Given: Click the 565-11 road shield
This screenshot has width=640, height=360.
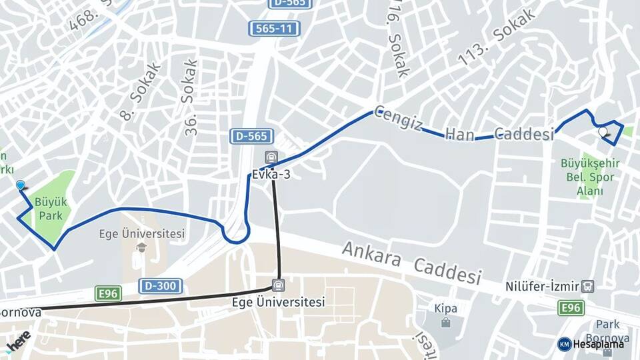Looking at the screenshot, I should (x=274, y=29).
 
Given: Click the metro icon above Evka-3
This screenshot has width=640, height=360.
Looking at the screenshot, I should (x=270, y=158).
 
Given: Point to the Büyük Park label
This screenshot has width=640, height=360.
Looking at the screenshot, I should (x=51, y=207).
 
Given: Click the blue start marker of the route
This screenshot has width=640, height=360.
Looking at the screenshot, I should (x=21, y=186).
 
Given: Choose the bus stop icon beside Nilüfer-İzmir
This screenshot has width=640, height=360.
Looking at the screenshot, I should (x=587, y=286).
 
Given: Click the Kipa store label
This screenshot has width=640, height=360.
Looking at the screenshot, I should (x=445, y=309).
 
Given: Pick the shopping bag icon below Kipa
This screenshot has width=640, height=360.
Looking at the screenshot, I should (x=445, y=323).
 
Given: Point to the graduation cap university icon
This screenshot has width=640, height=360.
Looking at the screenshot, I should (x=141, y=247).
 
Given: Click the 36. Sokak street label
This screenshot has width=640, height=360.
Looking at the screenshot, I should (x=189, y=98).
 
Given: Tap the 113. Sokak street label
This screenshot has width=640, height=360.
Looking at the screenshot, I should (x=497, y=38).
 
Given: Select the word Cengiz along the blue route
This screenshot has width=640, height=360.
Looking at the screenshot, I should (x=397, y=119).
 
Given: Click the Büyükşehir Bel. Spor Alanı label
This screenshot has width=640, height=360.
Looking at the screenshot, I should (x=590, y=177).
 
